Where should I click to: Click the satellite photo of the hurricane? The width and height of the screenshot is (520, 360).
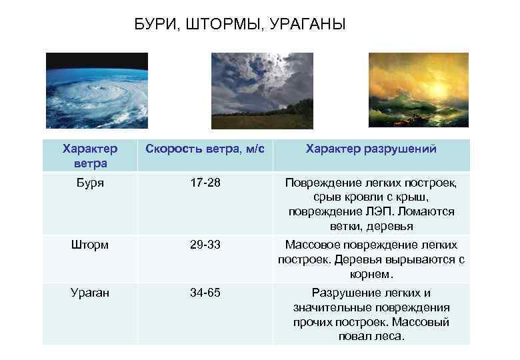97,91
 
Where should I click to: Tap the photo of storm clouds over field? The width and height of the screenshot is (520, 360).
262,91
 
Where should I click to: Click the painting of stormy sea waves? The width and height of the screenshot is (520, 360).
419,91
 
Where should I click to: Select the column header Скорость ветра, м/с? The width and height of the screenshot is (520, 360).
205,149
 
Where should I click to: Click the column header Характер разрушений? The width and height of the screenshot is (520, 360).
371,149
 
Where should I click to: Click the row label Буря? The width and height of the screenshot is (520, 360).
89,182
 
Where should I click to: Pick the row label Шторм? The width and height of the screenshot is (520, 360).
89,244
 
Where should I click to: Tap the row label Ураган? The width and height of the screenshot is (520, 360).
89,292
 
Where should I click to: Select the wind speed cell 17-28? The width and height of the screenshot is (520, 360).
205,182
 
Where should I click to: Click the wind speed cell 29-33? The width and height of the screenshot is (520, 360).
205,244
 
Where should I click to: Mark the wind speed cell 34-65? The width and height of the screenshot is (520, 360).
205,292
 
